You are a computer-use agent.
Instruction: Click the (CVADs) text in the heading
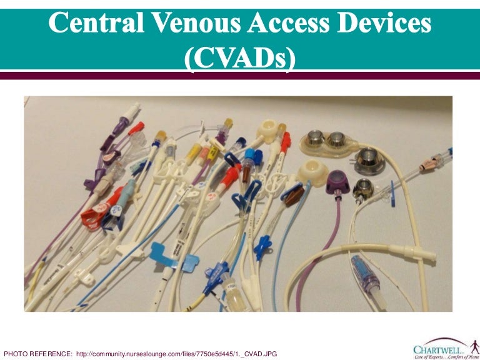(240, 58)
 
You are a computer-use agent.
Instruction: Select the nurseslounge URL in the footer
(176, 354)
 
